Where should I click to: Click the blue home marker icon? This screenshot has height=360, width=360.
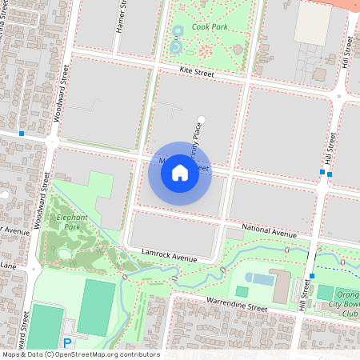[x=180, y=173]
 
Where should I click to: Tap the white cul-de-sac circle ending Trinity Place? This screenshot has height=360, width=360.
[x=201, y=120]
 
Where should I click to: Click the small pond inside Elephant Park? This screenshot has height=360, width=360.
[x=63, y=254]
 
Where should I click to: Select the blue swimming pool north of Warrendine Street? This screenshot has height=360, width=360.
[x=258, y=279]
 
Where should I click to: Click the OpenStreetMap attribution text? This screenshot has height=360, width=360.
[x=80, y=354]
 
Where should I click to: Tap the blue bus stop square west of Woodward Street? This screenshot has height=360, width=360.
[x=22, y=133]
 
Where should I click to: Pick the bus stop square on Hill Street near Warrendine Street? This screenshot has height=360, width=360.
[x=311, y=276]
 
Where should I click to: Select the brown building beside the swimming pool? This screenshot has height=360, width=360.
[x=281, y=286]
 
